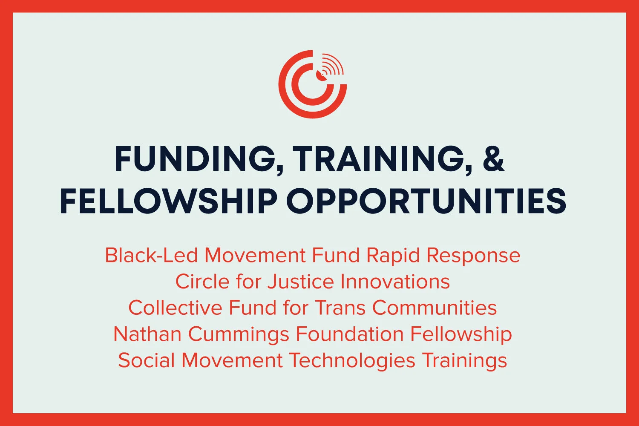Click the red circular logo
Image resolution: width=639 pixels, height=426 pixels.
(x=313, y=84)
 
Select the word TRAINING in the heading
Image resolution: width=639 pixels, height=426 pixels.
(x=383, y=159)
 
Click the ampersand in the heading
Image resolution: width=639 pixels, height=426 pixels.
(x=494, y=158)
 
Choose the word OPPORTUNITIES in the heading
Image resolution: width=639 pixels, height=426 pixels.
(x=426, y=201)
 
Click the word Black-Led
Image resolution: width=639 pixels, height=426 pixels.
(x=151, y=256)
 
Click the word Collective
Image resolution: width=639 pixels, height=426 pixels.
(x=175, y=308)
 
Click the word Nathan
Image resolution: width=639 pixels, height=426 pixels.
(x=147, y=334)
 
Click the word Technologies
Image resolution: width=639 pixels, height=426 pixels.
(x=352, y=361)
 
